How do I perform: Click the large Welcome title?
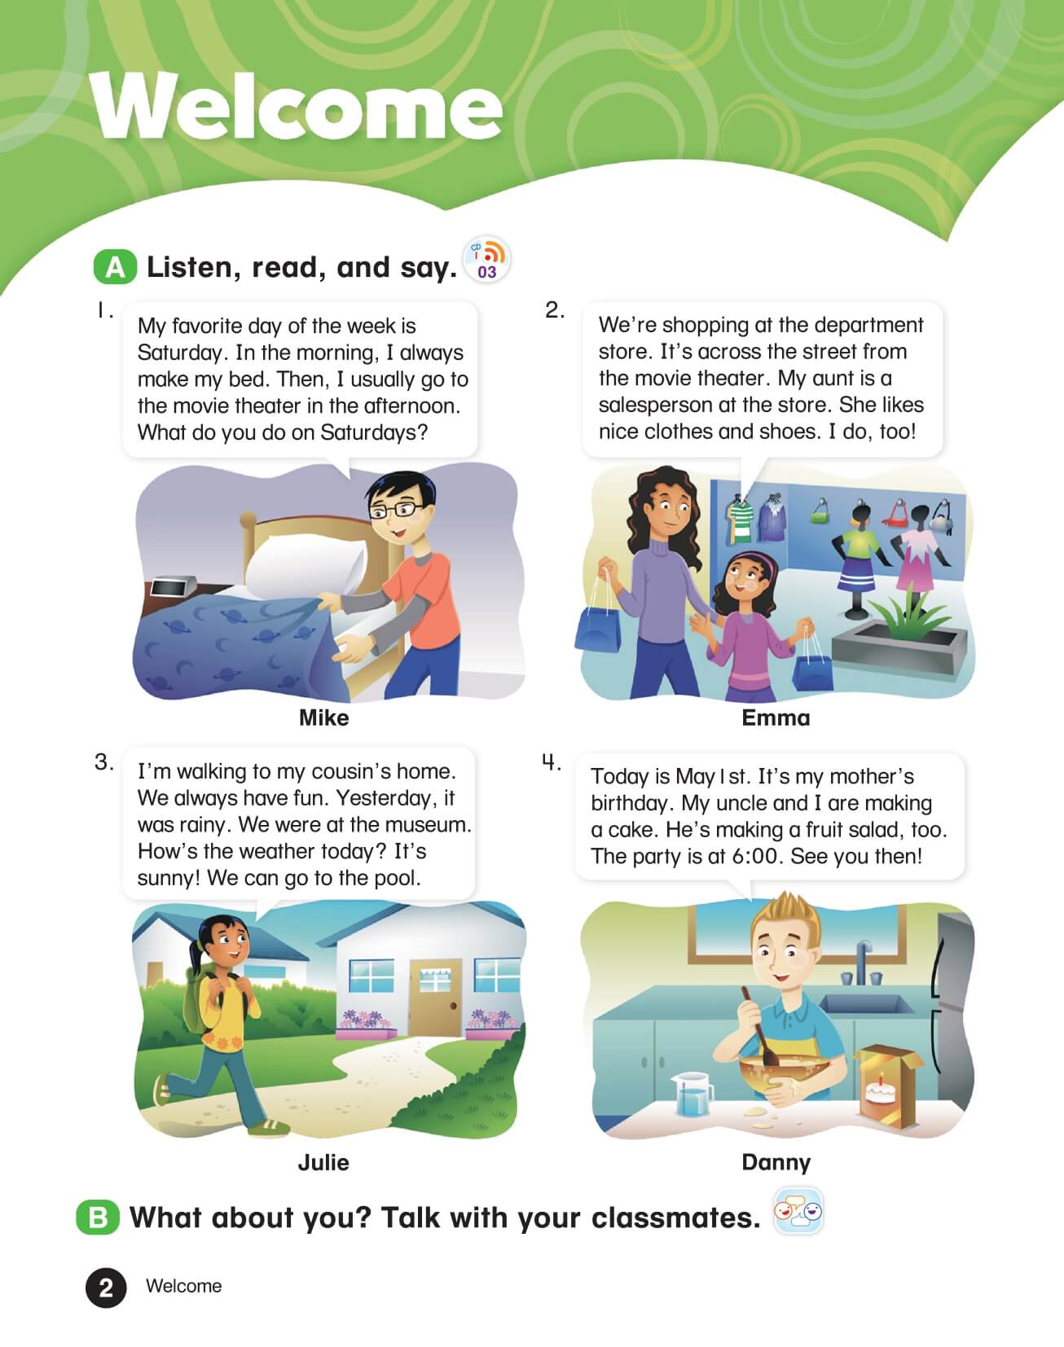297,106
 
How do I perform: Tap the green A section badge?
115,267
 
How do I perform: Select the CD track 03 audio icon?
486,261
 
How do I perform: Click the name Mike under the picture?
323,717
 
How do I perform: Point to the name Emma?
776,717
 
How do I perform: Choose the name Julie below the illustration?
323,1162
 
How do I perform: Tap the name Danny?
776,1162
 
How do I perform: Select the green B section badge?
98,1218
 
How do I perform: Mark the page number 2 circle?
106,1288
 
